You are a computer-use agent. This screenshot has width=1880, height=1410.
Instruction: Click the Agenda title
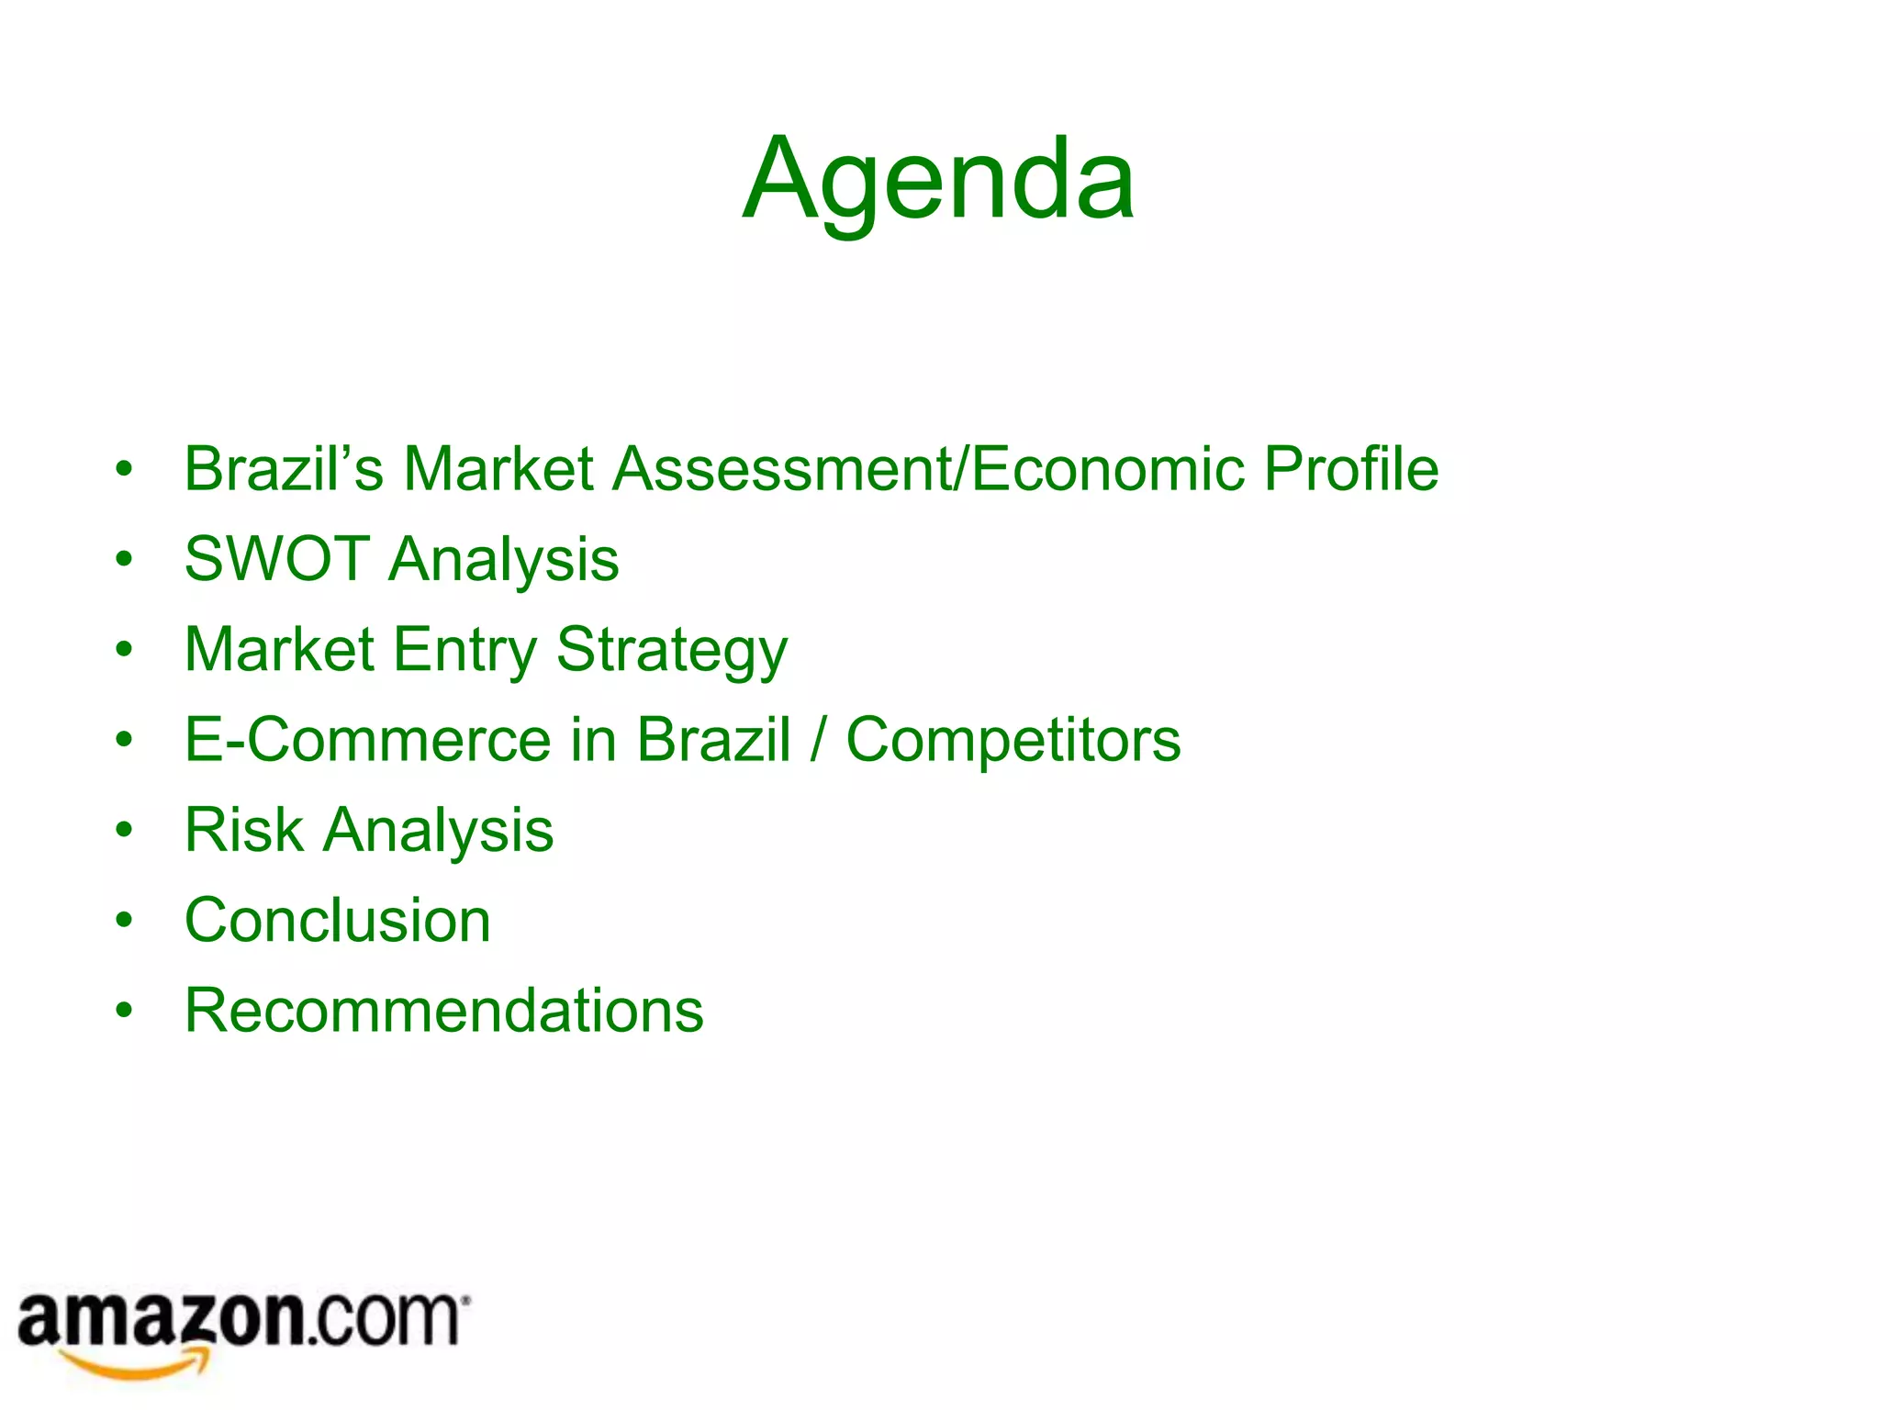(x=938, y=180)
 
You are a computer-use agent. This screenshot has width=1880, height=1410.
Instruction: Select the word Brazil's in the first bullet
(x=283, y=469)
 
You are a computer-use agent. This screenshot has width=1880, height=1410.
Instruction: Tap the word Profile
(x=1350, y=469)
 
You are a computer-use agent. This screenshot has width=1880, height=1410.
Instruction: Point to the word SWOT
(x=277, y=559)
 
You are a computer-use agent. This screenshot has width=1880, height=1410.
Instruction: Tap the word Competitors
(x=1013, y=740)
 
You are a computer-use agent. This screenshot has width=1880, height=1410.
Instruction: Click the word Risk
(x=243, y=830)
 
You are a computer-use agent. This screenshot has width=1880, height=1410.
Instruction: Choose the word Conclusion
(x=338, y=920)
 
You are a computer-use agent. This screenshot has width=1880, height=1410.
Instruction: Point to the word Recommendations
(x=444, y=1011)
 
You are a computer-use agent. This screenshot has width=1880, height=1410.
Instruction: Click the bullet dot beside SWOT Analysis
(x=124, y=559)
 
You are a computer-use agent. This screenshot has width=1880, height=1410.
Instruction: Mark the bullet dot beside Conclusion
(x=124, y=921)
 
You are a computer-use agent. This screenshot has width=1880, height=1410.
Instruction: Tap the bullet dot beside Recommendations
(x=124, y=1011)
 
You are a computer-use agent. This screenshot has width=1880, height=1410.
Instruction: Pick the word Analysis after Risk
(x=439, y=830)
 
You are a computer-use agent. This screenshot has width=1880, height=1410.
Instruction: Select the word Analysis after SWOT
(x=504, y=559)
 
